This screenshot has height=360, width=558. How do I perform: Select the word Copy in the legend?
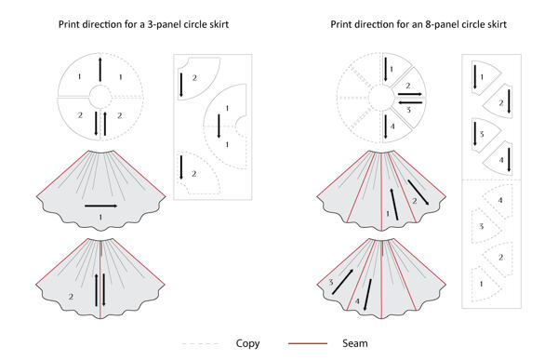click(248, 342)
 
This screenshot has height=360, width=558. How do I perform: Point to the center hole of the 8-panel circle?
click(383, 96)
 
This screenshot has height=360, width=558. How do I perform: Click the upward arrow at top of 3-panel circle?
click(100, 70)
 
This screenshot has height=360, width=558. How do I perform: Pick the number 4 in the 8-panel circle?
click(393, 125)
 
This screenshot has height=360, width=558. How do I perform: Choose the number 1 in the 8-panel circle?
click(392, 68)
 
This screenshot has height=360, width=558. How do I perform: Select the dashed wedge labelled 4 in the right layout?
click(500, 200)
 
